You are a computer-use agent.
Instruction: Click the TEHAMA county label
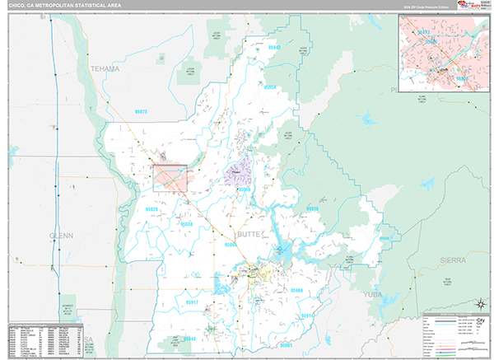point(105,68)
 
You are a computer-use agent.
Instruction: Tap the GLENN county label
point(62,235)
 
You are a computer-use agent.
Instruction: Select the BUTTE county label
point(249,235)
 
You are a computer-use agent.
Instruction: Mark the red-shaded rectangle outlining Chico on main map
point(170,177)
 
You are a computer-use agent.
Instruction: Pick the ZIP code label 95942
point(274,47)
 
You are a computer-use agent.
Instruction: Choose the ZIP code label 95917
point(192,303)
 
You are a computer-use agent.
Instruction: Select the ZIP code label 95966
point(295,290)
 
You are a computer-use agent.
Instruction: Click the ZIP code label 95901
point(287,345)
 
